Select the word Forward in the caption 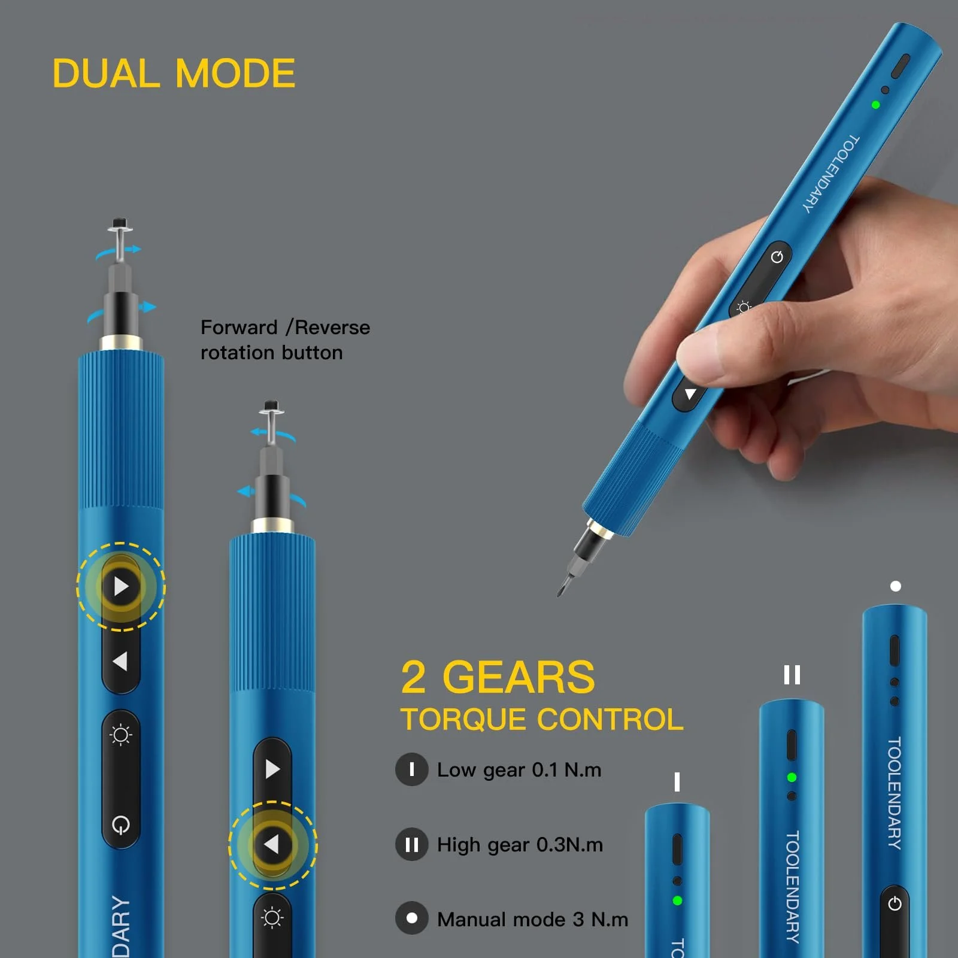(x=239, y=328)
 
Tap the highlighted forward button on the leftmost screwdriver (x=121, y=586)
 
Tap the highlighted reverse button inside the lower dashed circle (x=272, y=845)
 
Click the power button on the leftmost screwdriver (x=121, y=825)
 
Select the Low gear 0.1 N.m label (x=519, y=769)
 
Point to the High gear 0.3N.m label (x=520, y=844)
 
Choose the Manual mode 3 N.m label (x=532, y=919)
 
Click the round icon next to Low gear (x=412, y=769)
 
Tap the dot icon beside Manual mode (x=412, y=918)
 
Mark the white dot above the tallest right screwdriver (x=896, y=586)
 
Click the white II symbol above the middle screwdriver (x=792, y=675)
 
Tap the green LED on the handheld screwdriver (x=875, y=105)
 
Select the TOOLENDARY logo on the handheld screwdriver (x=831, y=174)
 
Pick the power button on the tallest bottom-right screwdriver (x=895, y=904)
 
